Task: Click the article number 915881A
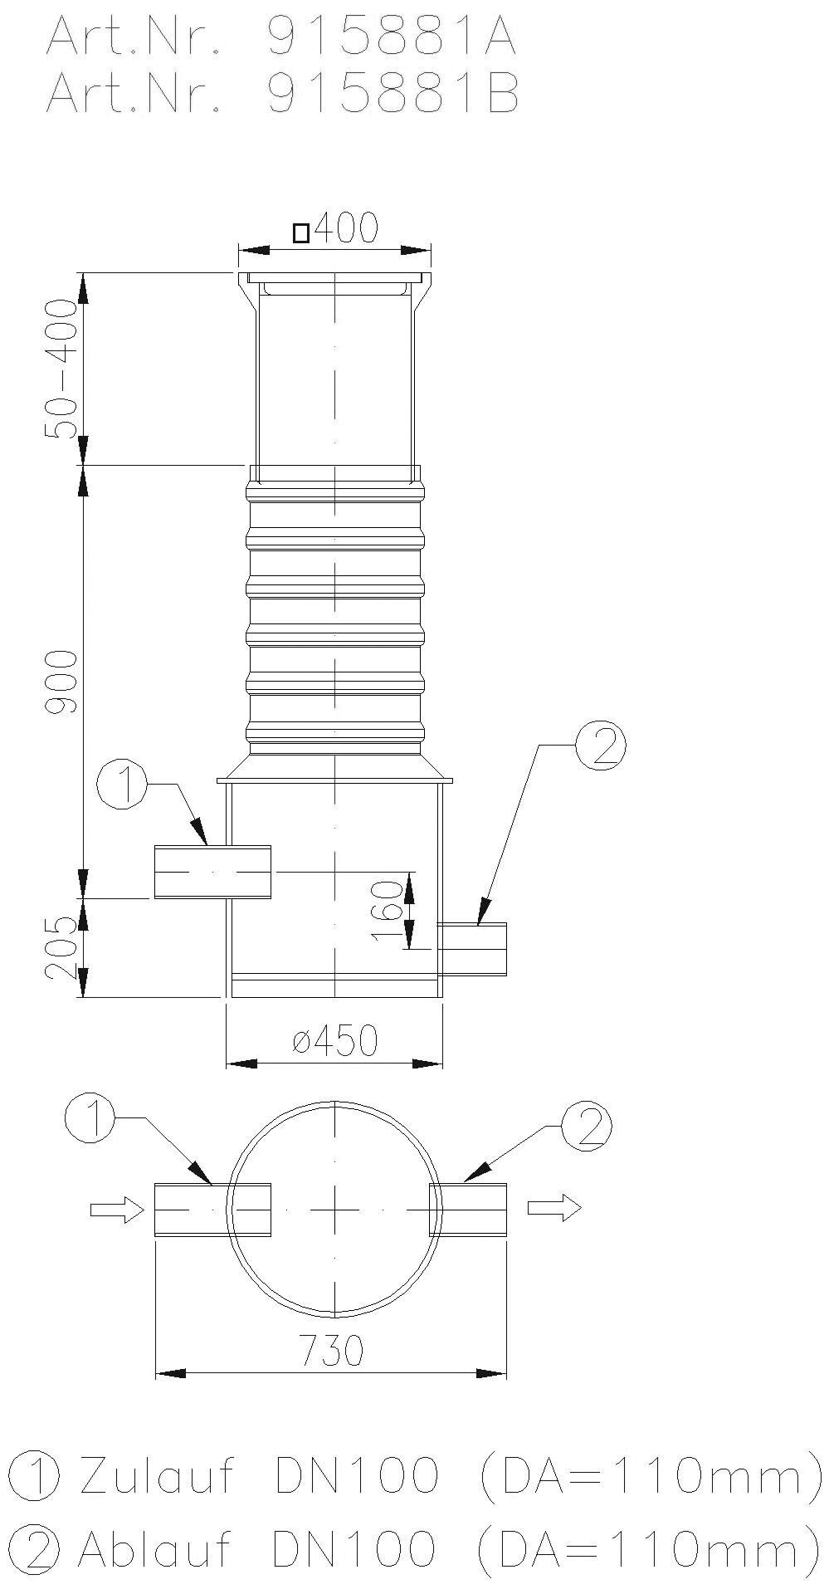[392, 37]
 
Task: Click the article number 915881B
[392, 93]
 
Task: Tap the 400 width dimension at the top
[346, 227]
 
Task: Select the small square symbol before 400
[301, 233]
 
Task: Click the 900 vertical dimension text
[62, 682]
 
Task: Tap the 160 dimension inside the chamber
[386, 911]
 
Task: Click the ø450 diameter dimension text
[335, 1040]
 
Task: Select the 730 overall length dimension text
[332, 1352]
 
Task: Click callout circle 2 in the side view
[601, 746]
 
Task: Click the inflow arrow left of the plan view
[117, 1210]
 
